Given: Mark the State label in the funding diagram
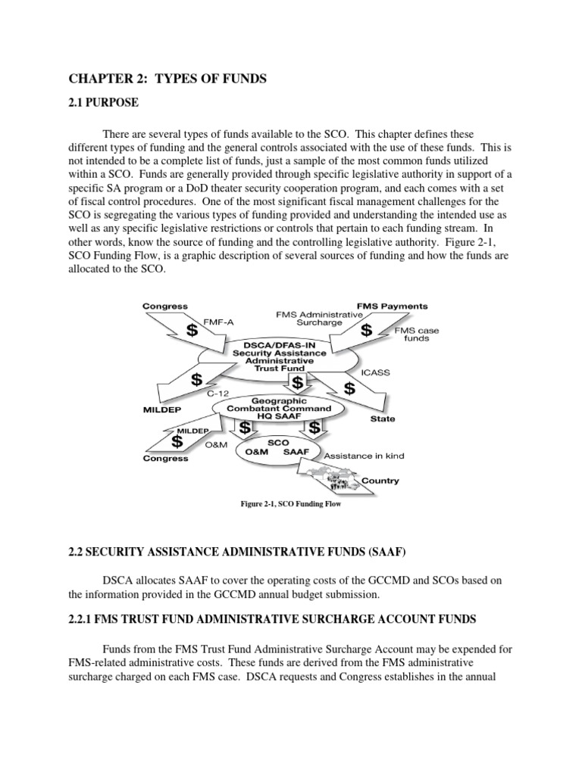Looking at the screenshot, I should click(x=383, y=418).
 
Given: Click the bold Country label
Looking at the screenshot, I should click(x=380, y=481).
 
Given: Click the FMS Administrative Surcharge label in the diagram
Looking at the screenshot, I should click(x=311, y=318).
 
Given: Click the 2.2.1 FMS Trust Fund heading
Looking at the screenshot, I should click(x=273, y=619).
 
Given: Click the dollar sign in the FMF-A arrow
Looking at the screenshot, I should click(x=192, y=331).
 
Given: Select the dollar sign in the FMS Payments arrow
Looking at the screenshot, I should click(x=367, y=331).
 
